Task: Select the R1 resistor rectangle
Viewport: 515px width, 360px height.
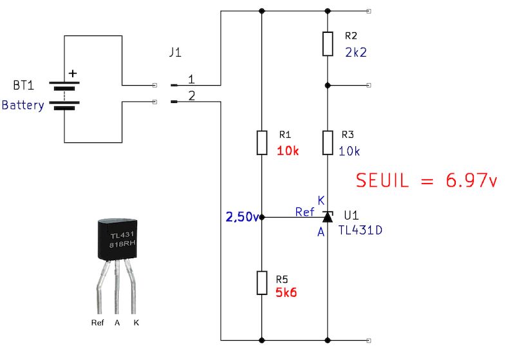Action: point(261,142)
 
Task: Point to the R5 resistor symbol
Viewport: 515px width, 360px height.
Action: point(261,283)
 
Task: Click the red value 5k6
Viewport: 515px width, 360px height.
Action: point(287,292)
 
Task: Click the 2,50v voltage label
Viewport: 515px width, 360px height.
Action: point(241,217)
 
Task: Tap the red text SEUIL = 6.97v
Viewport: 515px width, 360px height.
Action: point(427,181)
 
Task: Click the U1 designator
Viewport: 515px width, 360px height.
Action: point(352,214)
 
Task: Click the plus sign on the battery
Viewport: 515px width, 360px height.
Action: point(72,73)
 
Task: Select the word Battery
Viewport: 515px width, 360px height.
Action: point(23,105)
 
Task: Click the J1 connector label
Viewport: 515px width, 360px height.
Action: point(174,53)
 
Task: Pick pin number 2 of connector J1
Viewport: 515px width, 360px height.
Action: point(192,96)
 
